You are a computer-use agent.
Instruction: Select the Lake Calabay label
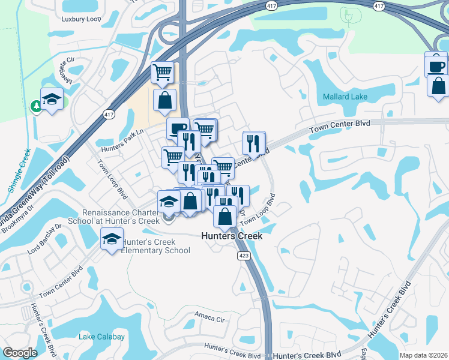point(101,337)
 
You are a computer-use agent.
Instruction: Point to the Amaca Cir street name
point(208,314)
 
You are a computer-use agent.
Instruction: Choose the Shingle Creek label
point(19,170)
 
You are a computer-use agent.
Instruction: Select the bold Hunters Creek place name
point(232,236)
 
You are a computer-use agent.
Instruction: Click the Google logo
point(20,353)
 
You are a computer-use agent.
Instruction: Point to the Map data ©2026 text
point(423,355)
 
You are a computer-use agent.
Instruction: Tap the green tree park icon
point(36,106)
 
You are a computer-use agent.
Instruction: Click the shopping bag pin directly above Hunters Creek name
point(225,215)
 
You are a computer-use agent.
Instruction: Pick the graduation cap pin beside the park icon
point(52,98)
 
